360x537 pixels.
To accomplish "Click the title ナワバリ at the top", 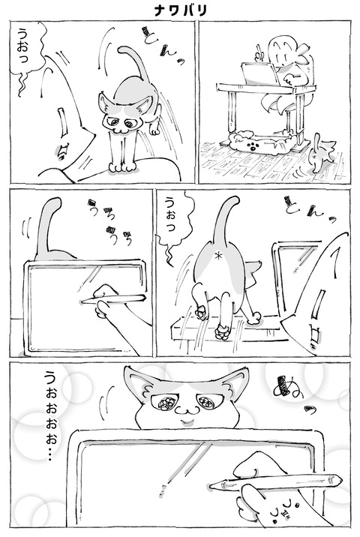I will tap(179, 10).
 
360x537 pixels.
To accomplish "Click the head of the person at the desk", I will tap(285, 56).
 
